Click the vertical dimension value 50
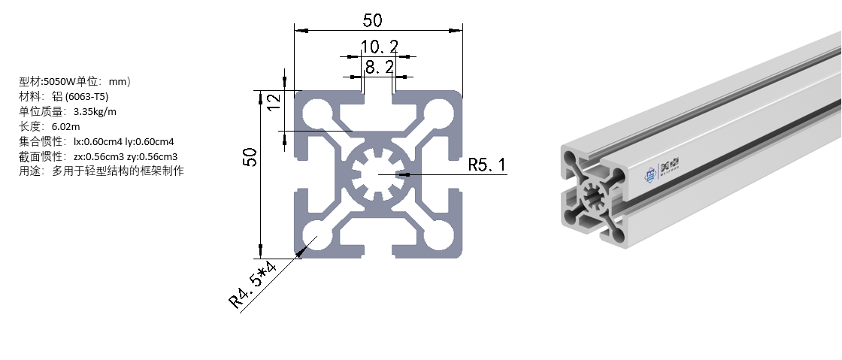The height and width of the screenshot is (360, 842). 250,157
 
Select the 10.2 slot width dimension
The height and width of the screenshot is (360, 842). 379,47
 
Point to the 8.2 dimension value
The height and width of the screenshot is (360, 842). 379,68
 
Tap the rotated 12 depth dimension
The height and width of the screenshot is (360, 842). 274,100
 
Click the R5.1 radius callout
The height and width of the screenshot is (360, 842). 486,165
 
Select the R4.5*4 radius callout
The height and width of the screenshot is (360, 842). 253,286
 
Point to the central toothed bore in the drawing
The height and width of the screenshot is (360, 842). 377,174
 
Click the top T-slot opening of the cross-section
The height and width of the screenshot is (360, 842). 377,99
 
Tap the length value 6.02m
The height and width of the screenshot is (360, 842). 65,126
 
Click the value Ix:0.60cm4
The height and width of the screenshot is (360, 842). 98,141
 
